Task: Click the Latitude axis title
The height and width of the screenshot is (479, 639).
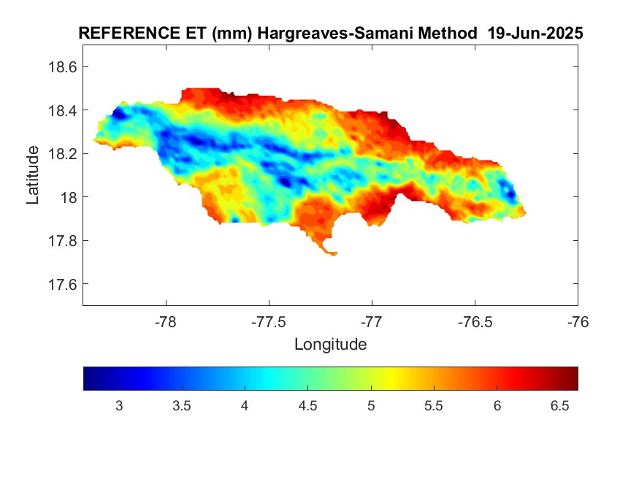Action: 33,175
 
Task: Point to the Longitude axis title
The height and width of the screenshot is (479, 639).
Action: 330,344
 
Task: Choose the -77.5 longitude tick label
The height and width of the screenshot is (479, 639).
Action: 269,321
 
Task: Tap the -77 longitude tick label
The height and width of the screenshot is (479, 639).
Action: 372,321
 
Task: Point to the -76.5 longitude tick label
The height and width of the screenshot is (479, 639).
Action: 475,321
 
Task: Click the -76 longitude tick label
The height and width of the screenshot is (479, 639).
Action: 578,321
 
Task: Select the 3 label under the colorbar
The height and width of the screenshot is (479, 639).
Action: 119,405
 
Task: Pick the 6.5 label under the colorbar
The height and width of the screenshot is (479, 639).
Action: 559,405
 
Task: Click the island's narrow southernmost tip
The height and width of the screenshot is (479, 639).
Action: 332,254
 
